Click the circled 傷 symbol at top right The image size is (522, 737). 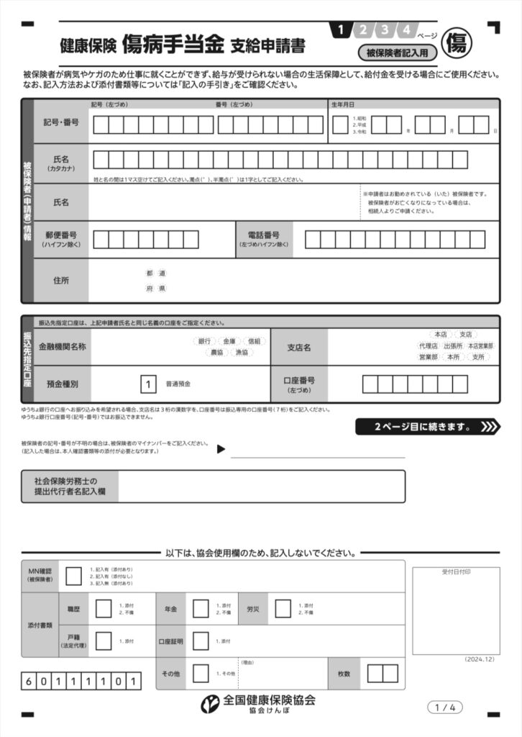coord(457,42)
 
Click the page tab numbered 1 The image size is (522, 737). coord(340,30)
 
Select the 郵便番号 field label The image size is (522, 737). coord(61,239)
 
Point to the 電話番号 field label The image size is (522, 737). coord(263,239)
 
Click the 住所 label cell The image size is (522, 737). coord(61,280)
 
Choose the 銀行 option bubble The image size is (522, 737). coord(204,341)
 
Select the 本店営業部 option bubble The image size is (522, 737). coord(480,345)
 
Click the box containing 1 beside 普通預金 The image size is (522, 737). coord(148,384)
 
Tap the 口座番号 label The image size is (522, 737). coord(298,384)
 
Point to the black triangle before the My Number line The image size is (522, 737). coord(221,450)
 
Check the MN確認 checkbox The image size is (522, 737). coord(73,576)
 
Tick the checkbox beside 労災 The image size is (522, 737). coord(283,609)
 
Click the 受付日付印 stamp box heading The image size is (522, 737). coord(456,571)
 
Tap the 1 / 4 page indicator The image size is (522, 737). coord(445,707)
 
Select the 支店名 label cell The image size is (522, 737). coord(298,348)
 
